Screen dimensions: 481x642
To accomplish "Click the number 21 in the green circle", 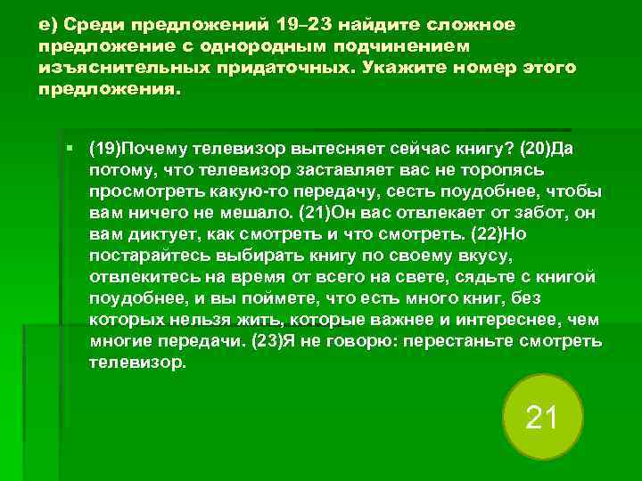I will pyautogui.click(x=541, y=417).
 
